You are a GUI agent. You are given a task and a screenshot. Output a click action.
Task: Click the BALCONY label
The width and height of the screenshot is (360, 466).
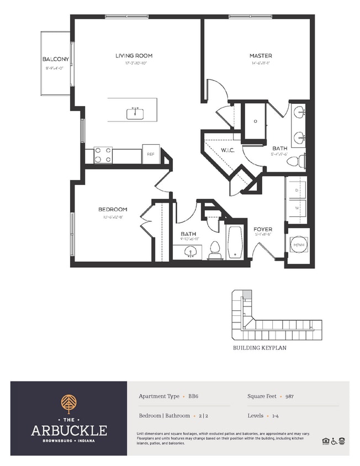55,59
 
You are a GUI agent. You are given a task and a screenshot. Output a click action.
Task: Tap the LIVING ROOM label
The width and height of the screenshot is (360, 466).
134,56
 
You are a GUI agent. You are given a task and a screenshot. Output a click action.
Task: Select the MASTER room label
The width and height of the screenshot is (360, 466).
260,56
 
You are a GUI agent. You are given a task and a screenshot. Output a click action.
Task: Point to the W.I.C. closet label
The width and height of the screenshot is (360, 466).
229,150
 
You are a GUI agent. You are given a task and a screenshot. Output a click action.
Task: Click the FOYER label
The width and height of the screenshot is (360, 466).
263,229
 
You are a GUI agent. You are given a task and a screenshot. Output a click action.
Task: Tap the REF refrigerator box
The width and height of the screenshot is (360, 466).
150,155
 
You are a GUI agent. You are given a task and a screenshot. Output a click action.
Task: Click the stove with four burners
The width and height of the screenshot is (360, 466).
103,155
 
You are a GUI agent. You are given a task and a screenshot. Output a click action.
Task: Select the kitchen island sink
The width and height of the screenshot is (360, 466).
135,114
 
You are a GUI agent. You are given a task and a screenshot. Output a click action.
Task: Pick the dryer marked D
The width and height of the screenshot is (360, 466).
297,190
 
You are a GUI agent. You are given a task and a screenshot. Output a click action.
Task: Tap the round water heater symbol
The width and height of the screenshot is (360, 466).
299,245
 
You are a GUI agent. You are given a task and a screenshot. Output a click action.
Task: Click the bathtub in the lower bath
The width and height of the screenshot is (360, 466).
235,242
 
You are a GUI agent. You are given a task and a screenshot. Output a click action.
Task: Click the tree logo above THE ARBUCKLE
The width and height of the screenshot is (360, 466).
69,404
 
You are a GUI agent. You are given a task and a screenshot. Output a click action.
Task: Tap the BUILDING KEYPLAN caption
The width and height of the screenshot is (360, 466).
260,348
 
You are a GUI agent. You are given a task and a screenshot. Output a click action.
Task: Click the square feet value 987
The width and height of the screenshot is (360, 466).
289,396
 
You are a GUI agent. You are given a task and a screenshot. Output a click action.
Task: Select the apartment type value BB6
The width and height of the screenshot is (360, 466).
193,396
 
